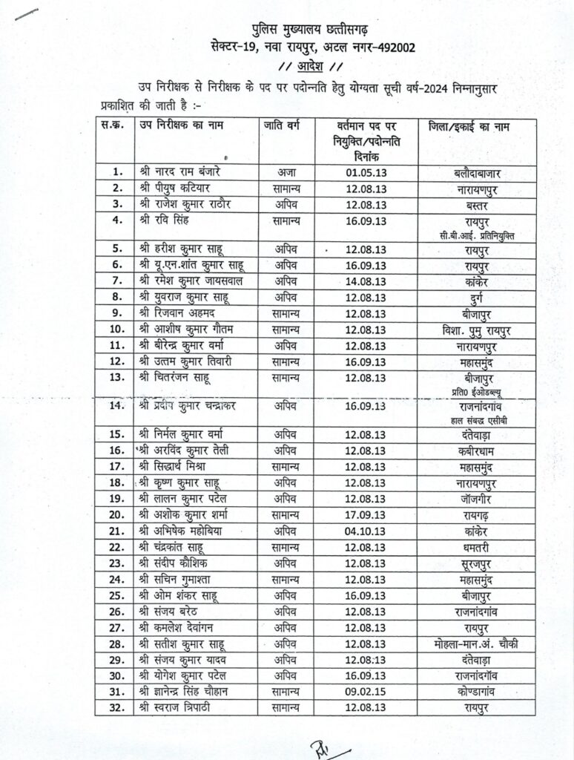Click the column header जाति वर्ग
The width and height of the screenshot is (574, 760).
click(x=280, y=126)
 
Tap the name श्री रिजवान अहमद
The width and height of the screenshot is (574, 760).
click(x=175, y=312)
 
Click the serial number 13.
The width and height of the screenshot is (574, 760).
click(x=115, y=377)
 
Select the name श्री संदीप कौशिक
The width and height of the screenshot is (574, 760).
click(x=175, y=563)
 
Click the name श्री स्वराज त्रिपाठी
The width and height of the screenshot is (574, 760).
click(x=177, y=708)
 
